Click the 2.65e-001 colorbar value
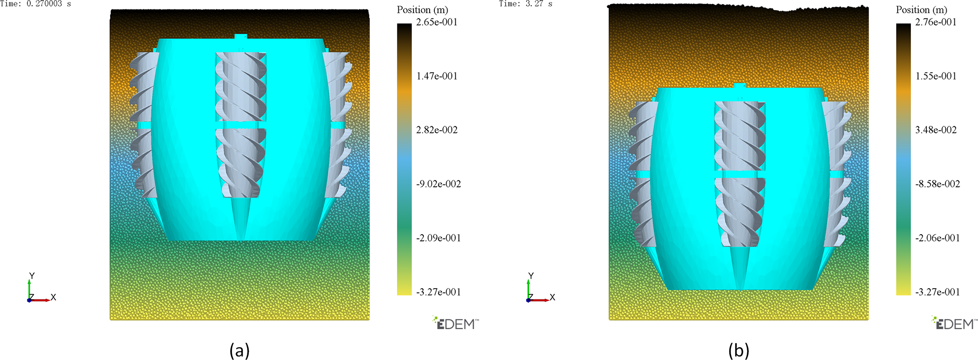click(x=437, y=22)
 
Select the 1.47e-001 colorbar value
click(x=437, y=76)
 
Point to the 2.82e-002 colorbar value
click(x=437, y=130)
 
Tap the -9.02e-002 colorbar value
click(x=439, y=184)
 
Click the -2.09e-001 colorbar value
click(x=439, y=238)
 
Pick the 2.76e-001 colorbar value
click(x=936, y=22)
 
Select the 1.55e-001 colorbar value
click(x=936, y=76)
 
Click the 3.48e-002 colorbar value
click(x=936, y=130)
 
